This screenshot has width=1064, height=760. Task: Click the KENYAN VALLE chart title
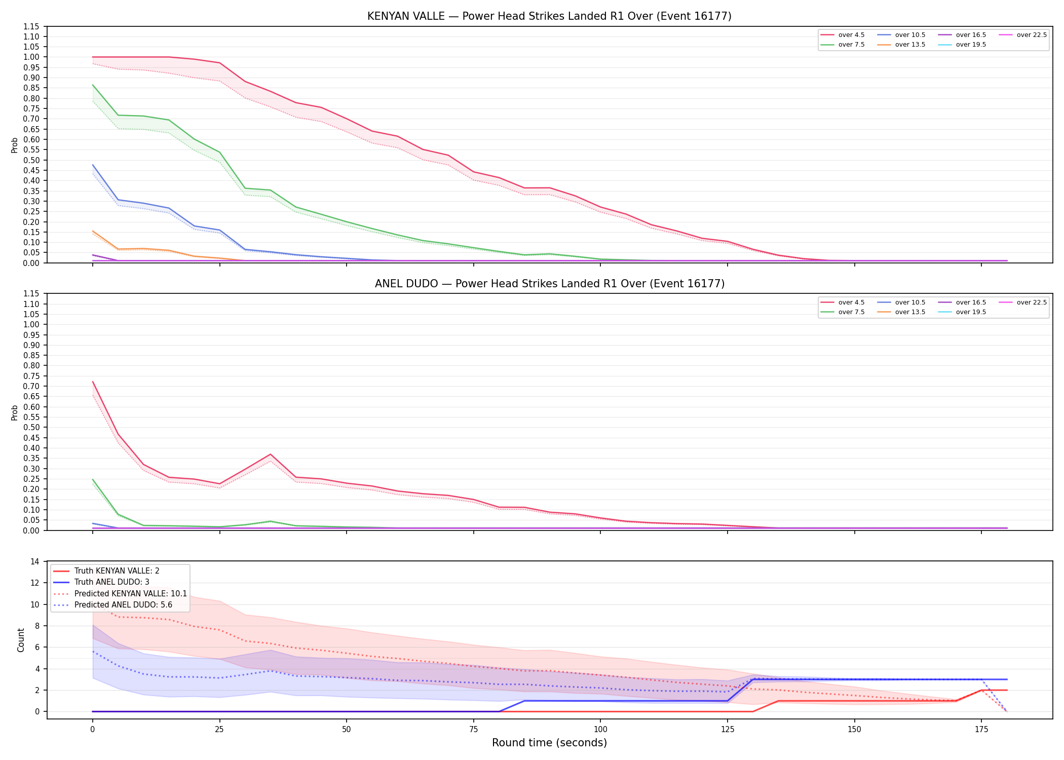click(549, 16)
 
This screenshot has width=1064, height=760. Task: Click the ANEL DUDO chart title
click(549, 284)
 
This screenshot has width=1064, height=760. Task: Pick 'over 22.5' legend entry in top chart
click(1022, 35)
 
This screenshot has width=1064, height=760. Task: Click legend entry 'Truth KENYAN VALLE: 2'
click(106, 571)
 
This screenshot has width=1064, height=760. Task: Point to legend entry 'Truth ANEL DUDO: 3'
click(101, 582)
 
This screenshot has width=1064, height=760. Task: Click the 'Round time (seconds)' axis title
click(549, 743)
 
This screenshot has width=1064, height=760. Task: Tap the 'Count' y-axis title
click(21, 640)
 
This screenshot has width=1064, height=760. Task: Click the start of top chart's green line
click(93, 85)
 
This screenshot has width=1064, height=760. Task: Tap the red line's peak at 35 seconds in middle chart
click(271, 454)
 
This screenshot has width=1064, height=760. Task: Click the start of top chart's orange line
click(93, 231)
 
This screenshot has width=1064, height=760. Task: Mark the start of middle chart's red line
click(93, 382)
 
